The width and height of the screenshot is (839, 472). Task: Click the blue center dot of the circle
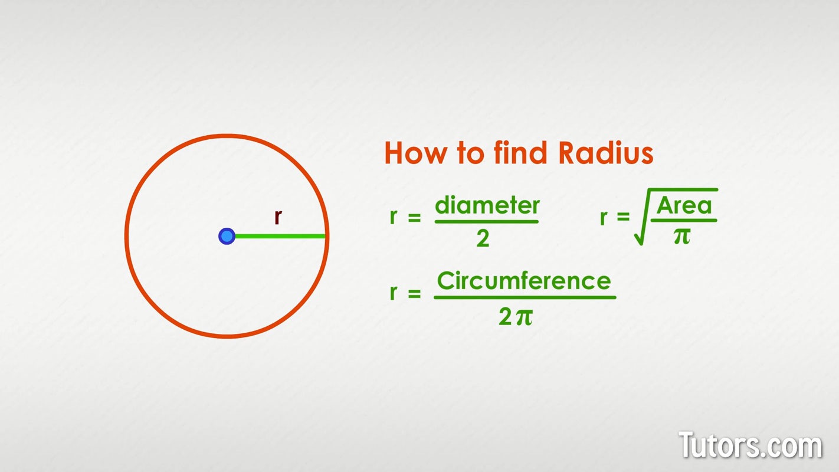click(x=227, y=237)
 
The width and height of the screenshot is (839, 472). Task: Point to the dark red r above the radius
click(x=278, y=217)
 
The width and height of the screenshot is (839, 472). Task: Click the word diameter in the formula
click(x=487, y=206)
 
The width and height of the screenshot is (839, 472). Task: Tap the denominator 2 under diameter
click(x=483, y=239)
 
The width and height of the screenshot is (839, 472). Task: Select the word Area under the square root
click(x=684, y=206)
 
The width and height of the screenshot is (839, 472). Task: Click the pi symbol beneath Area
click(x=682, y=236)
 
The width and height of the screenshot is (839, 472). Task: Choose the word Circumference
click(x=524, y=281)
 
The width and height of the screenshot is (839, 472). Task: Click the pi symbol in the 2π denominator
click(x=524, y=317)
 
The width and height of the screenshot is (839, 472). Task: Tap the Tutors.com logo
click(x=750, y=445)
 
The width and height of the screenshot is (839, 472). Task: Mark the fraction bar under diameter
click(x=487, y=222)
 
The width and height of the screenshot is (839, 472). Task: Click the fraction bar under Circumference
click(x=525, y=297)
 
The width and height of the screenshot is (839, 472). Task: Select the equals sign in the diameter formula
click(x=414, y=218)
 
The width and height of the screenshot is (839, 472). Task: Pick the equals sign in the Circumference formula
click(x=414, y=293)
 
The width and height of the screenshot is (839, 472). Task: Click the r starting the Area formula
click(x=604, y=218)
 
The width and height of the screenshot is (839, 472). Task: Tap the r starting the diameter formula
click(x=394, y=217)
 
